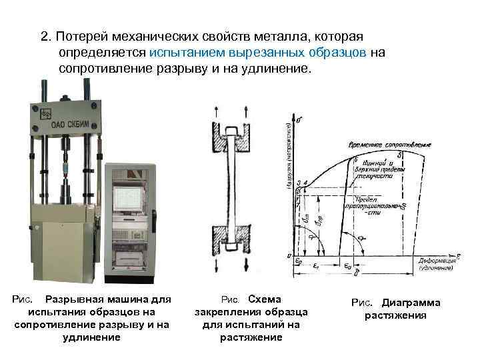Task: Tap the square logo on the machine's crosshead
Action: point(46,112)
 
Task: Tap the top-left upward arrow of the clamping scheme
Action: point(215,111)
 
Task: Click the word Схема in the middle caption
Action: point(264,299)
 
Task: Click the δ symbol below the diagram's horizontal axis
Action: point(357,273)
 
